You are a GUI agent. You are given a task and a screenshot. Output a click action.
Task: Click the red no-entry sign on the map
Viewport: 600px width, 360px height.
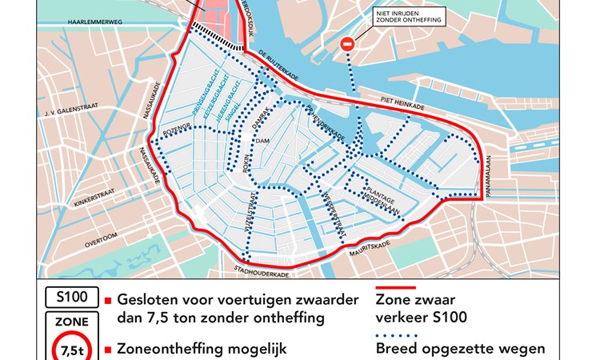[348, 46]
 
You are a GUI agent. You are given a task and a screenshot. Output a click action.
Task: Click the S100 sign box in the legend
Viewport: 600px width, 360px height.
[71, 298]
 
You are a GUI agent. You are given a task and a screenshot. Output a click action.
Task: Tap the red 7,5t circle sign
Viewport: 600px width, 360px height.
[71, 349]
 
